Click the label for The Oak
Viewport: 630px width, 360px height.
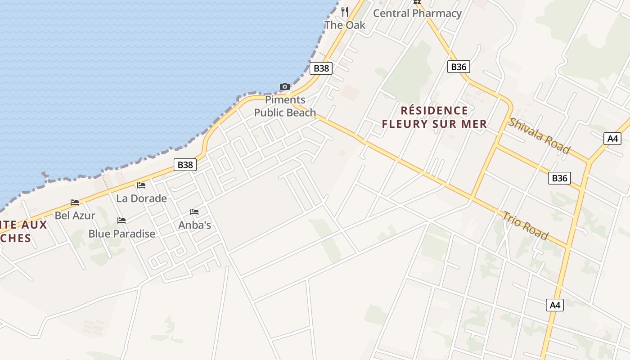(x=345, y=25)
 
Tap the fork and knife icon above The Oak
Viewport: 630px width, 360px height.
(x=345, y=11)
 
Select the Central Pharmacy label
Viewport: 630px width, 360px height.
(x=417, y=13)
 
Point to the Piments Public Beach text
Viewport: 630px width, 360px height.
(x=285, y=106)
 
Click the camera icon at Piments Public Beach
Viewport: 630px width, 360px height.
(x=284, y=86)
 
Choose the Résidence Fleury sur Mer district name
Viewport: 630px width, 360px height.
(x=434, y=117)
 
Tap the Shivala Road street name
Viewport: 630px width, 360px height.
(x=539, y=135)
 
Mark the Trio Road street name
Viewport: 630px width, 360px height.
(x=525, y=225)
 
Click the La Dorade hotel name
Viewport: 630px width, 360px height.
(x=141, y=198)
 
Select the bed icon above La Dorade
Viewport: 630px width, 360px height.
(x=141, y=185)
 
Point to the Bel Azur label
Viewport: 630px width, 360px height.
(x=75, y=216)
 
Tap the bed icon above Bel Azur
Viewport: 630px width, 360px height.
(x=75, y=202)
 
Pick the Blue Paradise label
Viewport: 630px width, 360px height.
(x=121, y=234)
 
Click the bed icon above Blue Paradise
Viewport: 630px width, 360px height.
(x=121, y=220)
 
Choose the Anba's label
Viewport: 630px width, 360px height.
(x=194, y=225)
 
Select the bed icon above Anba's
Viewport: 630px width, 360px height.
(x=194, y=211)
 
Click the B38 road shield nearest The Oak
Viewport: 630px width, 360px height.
(x=321, y=68)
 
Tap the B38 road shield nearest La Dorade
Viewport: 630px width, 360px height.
(x=185, y=165)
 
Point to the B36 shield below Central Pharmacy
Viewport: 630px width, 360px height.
(x=459, y=67)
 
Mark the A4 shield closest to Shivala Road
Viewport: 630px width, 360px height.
(x=612, y=138)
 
